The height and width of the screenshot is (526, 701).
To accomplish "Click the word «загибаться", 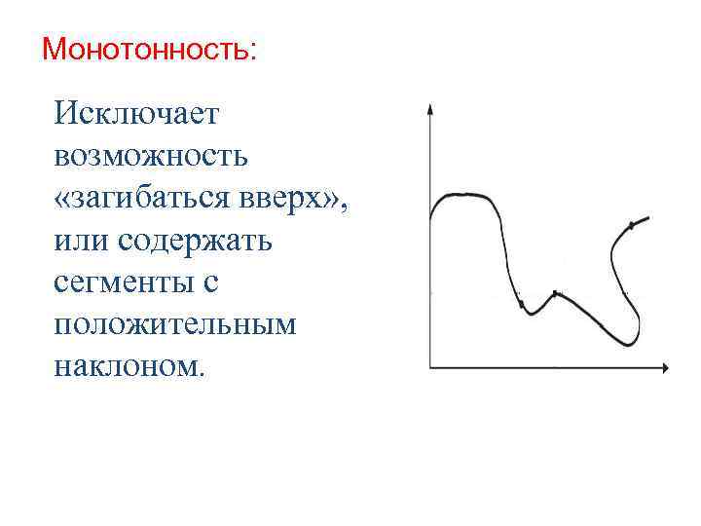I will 139,198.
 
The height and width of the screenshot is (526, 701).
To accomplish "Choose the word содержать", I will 196,240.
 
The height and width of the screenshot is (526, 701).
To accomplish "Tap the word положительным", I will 175,323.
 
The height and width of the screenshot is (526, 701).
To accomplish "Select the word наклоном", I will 130,365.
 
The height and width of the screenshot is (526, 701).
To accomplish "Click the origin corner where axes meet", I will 430,368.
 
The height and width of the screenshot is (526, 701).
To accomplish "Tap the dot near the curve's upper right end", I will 631,226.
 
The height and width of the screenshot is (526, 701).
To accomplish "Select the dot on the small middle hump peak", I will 555,293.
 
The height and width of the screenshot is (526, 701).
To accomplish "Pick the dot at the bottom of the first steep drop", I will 521,304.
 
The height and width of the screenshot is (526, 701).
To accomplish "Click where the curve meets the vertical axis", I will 430,213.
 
